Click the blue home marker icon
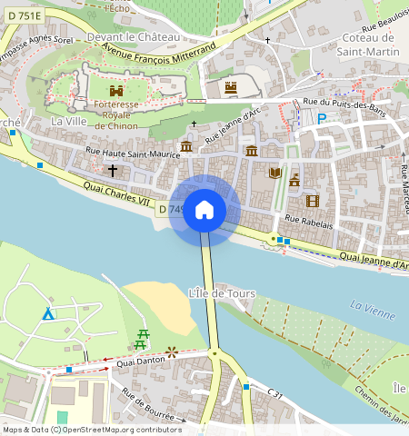204,211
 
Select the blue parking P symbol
321,118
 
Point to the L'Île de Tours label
221,293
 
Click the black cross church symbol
114,170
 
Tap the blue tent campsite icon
47,313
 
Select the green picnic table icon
143,339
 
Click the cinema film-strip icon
313,201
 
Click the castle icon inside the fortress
115,91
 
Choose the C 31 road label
275,392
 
